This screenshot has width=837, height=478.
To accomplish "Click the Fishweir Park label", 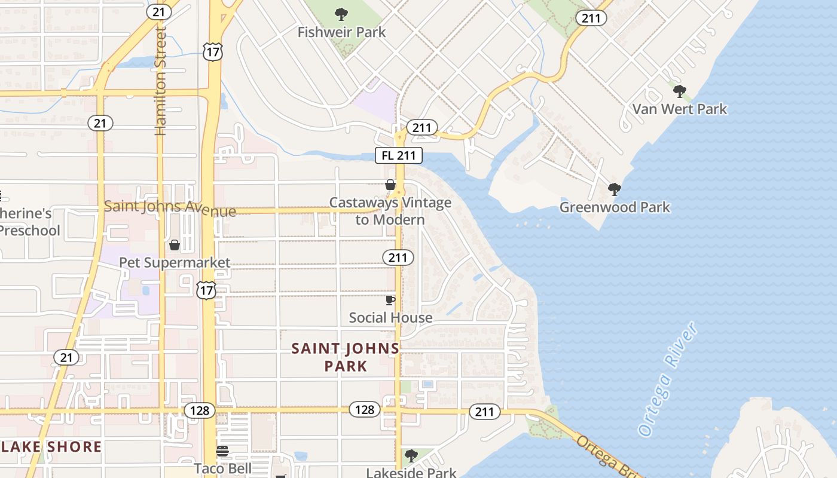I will click(x=341, y=32).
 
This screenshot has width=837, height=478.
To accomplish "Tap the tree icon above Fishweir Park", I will click(x=341, y=14).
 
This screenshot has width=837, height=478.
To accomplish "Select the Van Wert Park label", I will click(x=680, y=109).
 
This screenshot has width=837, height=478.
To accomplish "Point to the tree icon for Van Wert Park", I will click(x=679, y=91).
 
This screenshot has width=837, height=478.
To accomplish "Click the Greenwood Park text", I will click(x=615, y=207).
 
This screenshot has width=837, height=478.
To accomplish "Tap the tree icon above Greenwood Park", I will click(x=614, y=189).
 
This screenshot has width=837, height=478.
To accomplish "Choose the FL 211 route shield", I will click(x=399, y=156).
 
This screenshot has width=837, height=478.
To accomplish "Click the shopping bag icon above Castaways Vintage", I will click(x=390, y=185).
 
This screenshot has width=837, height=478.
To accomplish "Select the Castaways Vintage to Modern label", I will click(x=390, y=211).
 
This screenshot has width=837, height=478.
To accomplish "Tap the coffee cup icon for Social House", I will click(x=390, y=300).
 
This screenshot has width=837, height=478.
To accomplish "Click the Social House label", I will click(x=390, y=318).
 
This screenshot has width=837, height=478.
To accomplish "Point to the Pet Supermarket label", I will click(x=175, y=263).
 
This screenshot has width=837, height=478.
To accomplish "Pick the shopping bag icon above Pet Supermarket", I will click(x=175, y=245).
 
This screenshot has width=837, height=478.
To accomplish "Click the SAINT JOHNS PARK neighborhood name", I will click(x=346, y=357).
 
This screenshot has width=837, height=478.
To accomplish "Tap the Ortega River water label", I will click(x=667, y=379).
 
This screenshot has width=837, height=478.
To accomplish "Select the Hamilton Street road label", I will click(x=160, y=81).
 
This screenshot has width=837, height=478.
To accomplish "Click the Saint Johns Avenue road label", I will click(x=170, y=209).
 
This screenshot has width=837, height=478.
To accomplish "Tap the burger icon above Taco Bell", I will click(x=222, y=451).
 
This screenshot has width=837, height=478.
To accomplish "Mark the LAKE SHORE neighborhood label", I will click(x=51, y=447).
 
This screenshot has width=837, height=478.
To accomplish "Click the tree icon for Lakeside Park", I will click(x=411, y=456).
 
